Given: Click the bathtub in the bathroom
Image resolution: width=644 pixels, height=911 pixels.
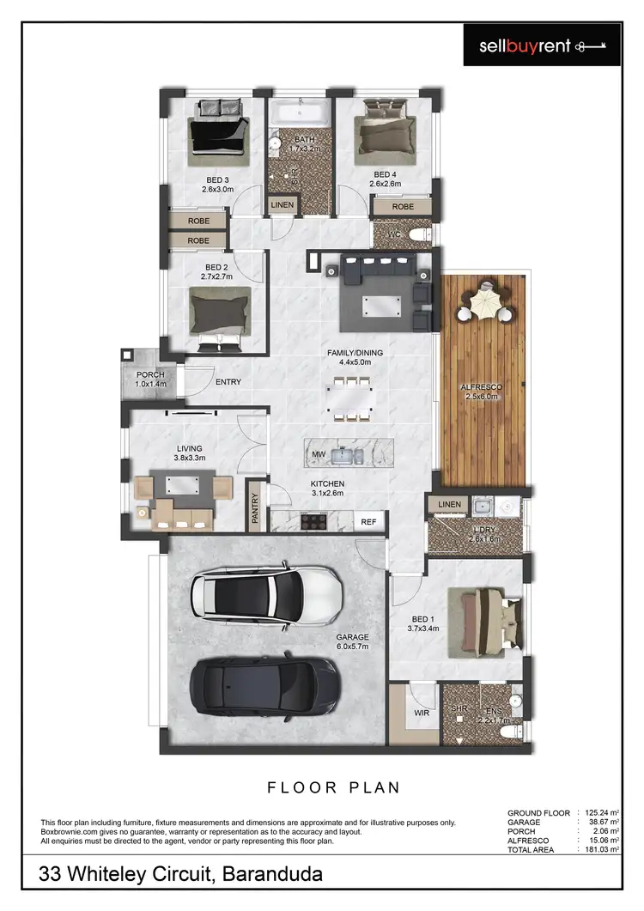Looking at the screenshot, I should point(300,112).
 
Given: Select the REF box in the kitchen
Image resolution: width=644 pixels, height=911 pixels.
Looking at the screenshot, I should point(368,521).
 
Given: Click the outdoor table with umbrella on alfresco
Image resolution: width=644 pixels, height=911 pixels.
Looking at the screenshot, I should point(486,303).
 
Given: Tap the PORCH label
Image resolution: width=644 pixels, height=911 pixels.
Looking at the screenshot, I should point(150,375).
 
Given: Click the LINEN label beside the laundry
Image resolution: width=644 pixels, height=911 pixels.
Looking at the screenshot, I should point(449,504).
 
